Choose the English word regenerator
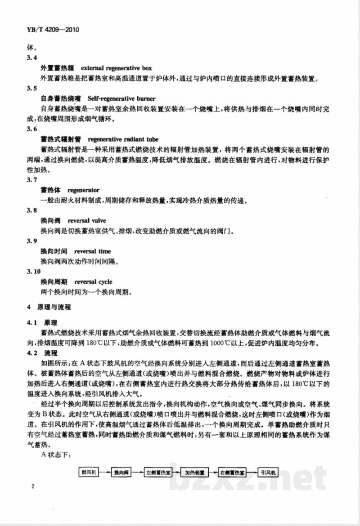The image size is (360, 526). (x=83, y=190)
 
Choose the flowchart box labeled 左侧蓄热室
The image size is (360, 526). (x=158, y=472)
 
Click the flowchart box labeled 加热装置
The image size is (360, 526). (x=195, y=472)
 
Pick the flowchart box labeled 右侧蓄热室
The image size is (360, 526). (x=232, y=472)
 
